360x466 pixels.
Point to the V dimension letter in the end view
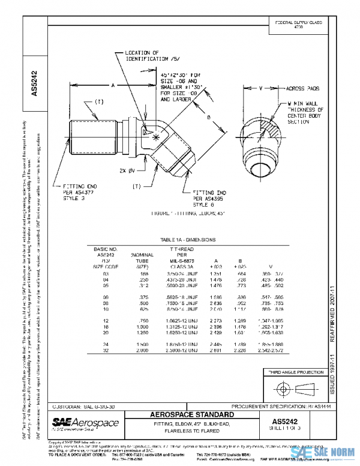pos(260,88)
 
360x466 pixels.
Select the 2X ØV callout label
pos(127,171)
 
